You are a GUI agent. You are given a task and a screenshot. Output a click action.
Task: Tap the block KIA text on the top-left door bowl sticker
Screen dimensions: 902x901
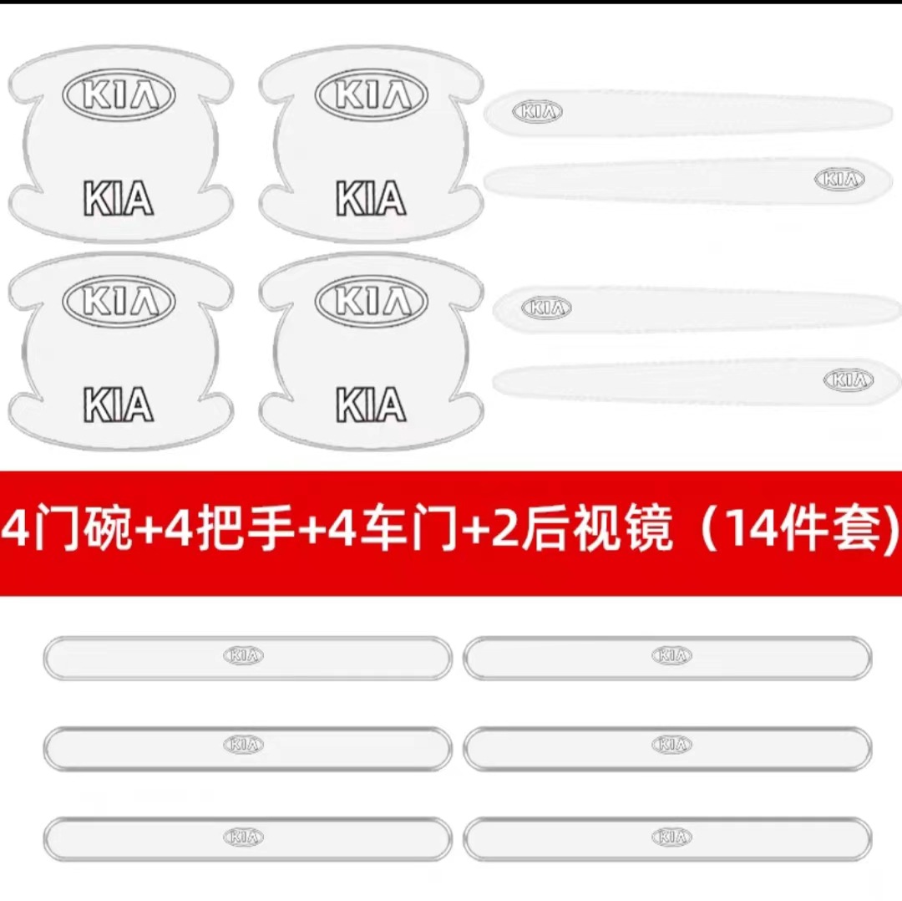(119, 199)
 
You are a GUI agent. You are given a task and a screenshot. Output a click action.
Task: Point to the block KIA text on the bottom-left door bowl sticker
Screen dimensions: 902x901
(119, 405)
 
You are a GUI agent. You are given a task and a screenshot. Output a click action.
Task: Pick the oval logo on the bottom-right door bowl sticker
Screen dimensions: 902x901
(371, 299)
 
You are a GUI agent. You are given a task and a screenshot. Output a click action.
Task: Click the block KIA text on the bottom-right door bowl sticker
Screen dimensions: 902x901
(371, 405)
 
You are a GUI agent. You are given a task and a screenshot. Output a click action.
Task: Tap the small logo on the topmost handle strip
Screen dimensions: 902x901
(537, 111)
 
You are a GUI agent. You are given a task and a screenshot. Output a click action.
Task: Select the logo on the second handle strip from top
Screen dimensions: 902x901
(839, 178)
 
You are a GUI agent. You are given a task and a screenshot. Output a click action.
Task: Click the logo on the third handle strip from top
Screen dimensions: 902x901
(546, 308)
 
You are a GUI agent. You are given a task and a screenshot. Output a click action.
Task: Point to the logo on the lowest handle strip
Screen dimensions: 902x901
(848, 380)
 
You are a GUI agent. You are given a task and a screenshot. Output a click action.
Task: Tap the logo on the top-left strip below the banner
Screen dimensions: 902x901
(243, 656)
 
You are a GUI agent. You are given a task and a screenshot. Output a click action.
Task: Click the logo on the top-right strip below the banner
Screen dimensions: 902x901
(671, 656)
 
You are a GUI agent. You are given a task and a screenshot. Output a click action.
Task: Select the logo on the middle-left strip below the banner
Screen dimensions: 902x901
(243, 744)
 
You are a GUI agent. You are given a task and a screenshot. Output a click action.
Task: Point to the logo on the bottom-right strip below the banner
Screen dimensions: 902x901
(671, 837)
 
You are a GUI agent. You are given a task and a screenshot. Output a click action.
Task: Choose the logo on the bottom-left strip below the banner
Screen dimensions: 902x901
(243, 837)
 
